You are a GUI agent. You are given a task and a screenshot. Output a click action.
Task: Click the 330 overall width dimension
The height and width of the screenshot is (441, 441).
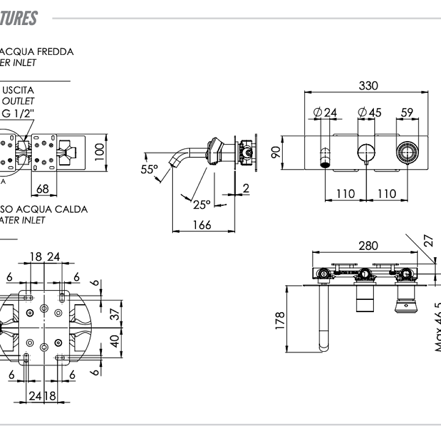(368, 86)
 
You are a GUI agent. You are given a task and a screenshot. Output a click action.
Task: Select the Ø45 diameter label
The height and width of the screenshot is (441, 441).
(370, 113)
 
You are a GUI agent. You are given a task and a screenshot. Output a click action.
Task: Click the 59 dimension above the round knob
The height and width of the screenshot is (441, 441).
(407, 113)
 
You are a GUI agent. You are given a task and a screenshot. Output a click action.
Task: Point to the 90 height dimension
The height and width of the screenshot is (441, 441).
(276, 152)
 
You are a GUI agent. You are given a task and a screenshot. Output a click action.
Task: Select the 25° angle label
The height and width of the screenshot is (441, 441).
(201, 204)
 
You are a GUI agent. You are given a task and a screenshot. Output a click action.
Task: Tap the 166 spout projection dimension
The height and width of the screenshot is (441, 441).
(201, 225)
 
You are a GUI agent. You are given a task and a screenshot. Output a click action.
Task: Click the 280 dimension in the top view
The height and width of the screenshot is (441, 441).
(368, 245)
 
